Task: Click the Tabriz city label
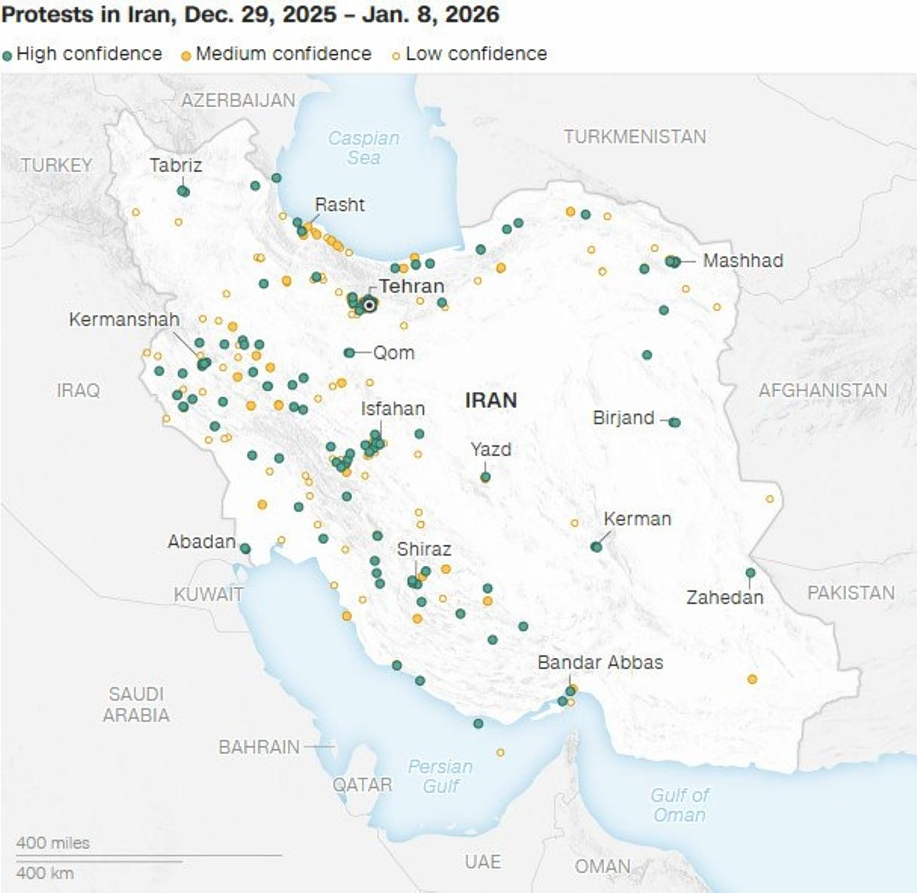(x=176, y=165)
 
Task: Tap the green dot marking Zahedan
(x=751, y=573)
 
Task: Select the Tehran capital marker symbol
(x=370, y=305)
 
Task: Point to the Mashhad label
(x=743, y=260)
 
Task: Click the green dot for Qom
(x=349, y=353)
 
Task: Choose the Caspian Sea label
(x=363, y=148)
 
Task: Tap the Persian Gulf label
(x=440, y=776)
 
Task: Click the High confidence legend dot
(x=8, y=55)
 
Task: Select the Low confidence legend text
(x=476, y=54)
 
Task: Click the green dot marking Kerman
(x=596, y=547)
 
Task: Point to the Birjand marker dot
(x=674, y=422)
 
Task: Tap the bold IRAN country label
(x=491, y=400)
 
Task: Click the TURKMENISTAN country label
(x=634, y=137)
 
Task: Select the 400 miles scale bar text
(x=53, y=843)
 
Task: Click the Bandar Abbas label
(x=600, y=662)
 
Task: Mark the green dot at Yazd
(x=486, y=477)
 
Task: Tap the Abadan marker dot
(x=245, y=548)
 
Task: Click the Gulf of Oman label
(x=679, y=805)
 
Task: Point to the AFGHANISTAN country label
(x=822, y=390)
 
